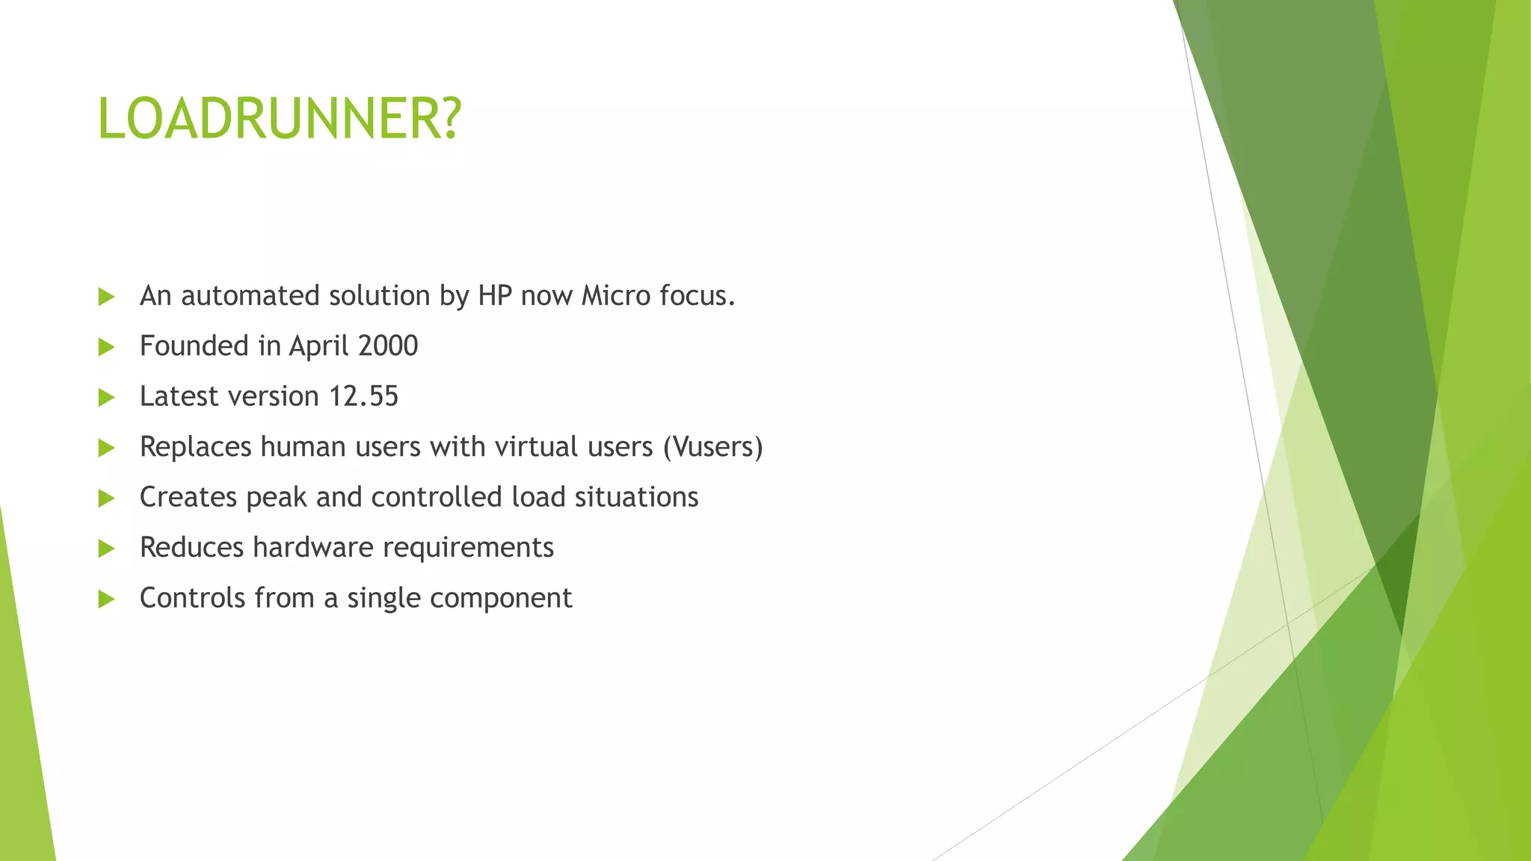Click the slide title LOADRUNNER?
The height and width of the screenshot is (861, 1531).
(280, 120)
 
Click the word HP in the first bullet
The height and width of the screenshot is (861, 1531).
(495, 296)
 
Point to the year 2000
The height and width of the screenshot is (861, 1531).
(388, 346)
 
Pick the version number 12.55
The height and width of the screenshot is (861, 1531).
(364, 396)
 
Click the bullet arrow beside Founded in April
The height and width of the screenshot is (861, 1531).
(106, 347)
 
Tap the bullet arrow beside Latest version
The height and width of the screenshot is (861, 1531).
(106, 397)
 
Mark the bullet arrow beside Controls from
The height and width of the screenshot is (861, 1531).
(106, 599)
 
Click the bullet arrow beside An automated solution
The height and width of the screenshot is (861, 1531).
(106, 297)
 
